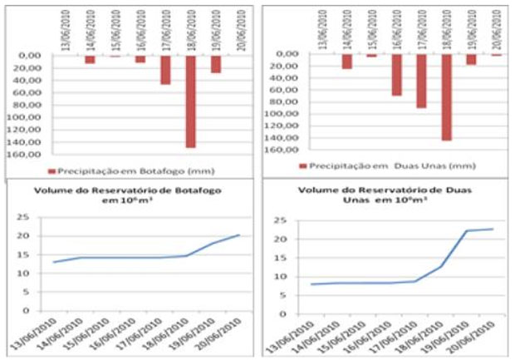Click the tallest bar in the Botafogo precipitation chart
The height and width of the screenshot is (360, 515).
[x=190, y=101]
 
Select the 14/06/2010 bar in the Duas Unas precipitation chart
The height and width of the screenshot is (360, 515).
[x=346, y=62]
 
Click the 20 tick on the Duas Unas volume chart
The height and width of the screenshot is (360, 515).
[x=282, y=239]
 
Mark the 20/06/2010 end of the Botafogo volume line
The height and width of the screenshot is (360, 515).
[x=239, y=234]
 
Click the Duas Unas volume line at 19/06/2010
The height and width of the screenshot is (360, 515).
[x=468, y=231]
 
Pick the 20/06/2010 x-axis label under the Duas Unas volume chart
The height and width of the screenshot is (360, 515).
[x=479, y=335]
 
